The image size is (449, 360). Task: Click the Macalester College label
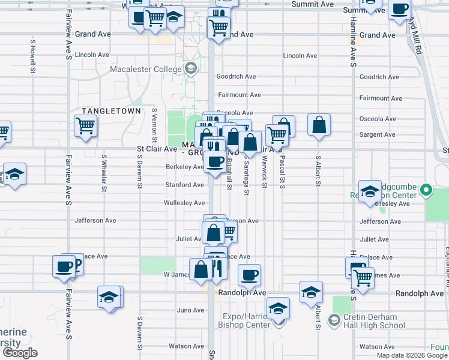pos(145,69)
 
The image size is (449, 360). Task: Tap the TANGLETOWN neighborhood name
pos(111,111)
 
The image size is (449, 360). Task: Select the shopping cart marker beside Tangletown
pos(86,127)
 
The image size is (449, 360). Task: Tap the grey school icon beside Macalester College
pos(191,68)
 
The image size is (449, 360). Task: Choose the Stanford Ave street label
pos(185,185)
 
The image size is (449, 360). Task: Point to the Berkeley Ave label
pos(185,167)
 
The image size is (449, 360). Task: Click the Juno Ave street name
pos(190,310)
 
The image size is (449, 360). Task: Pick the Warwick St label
pos(264,172)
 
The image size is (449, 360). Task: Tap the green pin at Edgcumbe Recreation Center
pos(426,191)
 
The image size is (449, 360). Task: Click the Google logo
pos(20,353)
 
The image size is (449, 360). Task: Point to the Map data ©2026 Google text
pos(411,355)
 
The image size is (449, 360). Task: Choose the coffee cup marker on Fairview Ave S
pos(64,268)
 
